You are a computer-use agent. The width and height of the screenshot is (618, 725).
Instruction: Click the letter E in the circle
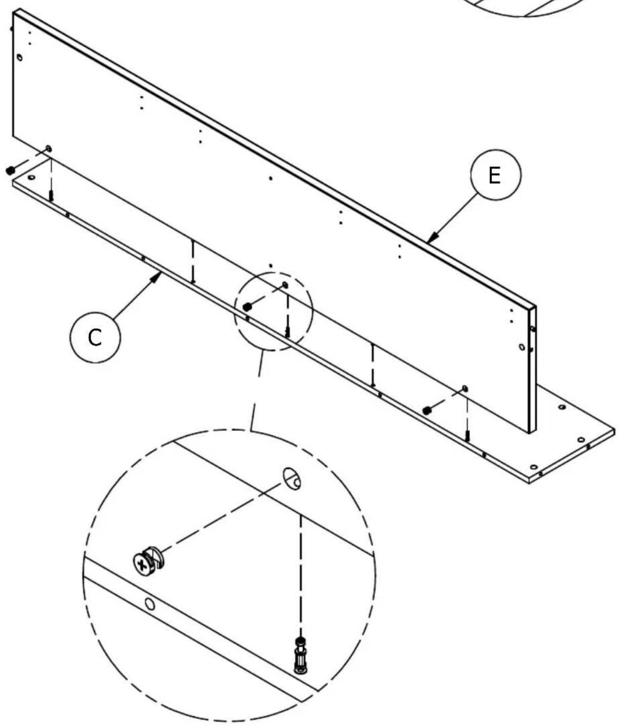(x=495, y=176)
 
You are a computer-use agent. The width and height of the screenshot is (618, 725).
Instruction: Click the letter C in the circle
(x=95, y=338)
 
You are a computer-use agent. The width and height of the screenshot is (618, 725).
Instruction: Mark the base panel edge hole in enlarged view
(x=150, y=604)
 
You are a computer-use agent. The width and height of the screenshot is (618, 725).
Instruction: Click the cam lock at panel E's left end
(x=9, y=171)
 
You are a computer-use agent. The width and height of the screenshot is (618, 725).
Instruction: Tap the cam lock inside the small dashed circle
(x=247, y=306)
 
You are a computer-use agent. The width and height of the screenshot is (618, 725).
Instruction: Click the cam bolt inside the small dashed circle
(x=287, y=331)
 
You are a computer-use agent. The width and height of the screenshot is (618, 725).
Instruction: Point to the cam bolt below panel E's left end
(x=51, y=195)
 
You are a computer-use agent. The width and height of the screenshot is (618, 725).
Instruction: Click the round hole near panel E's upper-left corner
(x=19, y=57)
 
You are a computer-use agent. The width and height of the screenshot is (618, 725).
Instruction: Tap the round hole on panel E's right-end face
(x=522, y=347)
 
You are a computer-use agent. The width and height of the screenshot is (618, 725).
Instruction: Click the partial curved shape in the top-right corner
(x=544, y=9)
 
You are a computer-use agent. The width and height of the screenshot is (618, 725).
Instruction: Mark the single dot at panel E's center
(x=271, y=178)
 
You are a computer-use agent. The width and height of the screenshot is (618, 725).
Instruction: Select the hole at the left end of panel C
(x=32, y=177)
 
